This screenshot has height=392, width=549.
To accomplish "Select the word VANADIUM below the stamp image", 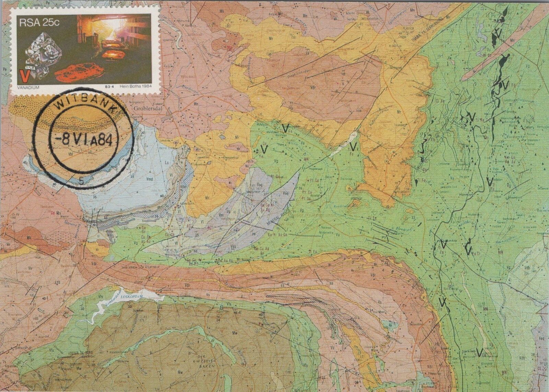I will pyautogui.click(x=26, y=88).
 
